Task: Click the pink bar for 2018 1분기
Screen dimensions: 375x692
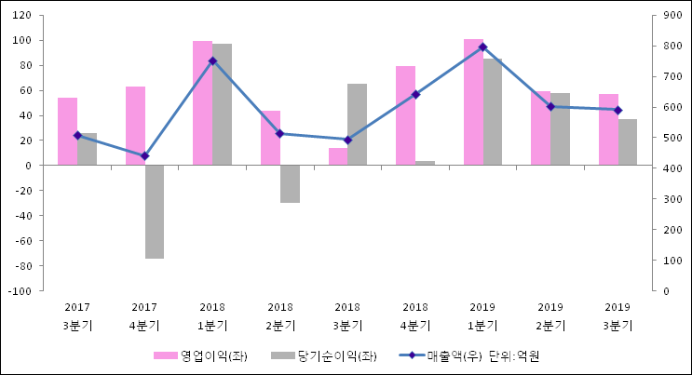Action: [x=202, y=103]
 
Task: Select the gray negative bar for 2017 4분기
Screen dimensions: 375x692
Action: [x=155, y=211]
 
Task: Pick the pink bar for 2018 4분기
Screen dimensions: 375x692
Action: [x=405, y=115]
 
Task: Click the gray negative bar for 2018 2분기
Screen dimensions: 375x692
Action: [x=290, y=183]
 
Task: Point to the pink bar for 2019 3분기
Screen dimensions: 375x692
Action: [x=608, y=129]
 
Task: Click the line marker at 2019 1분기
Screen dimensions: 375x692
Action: [x=482, y=47]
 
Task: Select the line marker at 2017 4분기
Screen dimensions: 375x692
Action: [x=144, y=155]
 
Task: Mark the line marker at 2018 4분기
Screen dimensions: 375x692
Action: [x=415, y=94]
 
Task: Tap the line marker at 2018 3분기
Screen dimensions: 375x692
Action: [x=347, y=140]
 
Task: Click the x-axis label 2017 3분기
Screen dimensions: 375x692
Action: [x=77, y=315]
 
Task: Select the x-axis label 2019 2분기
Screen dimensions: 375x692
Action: [x=550, y=315]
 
